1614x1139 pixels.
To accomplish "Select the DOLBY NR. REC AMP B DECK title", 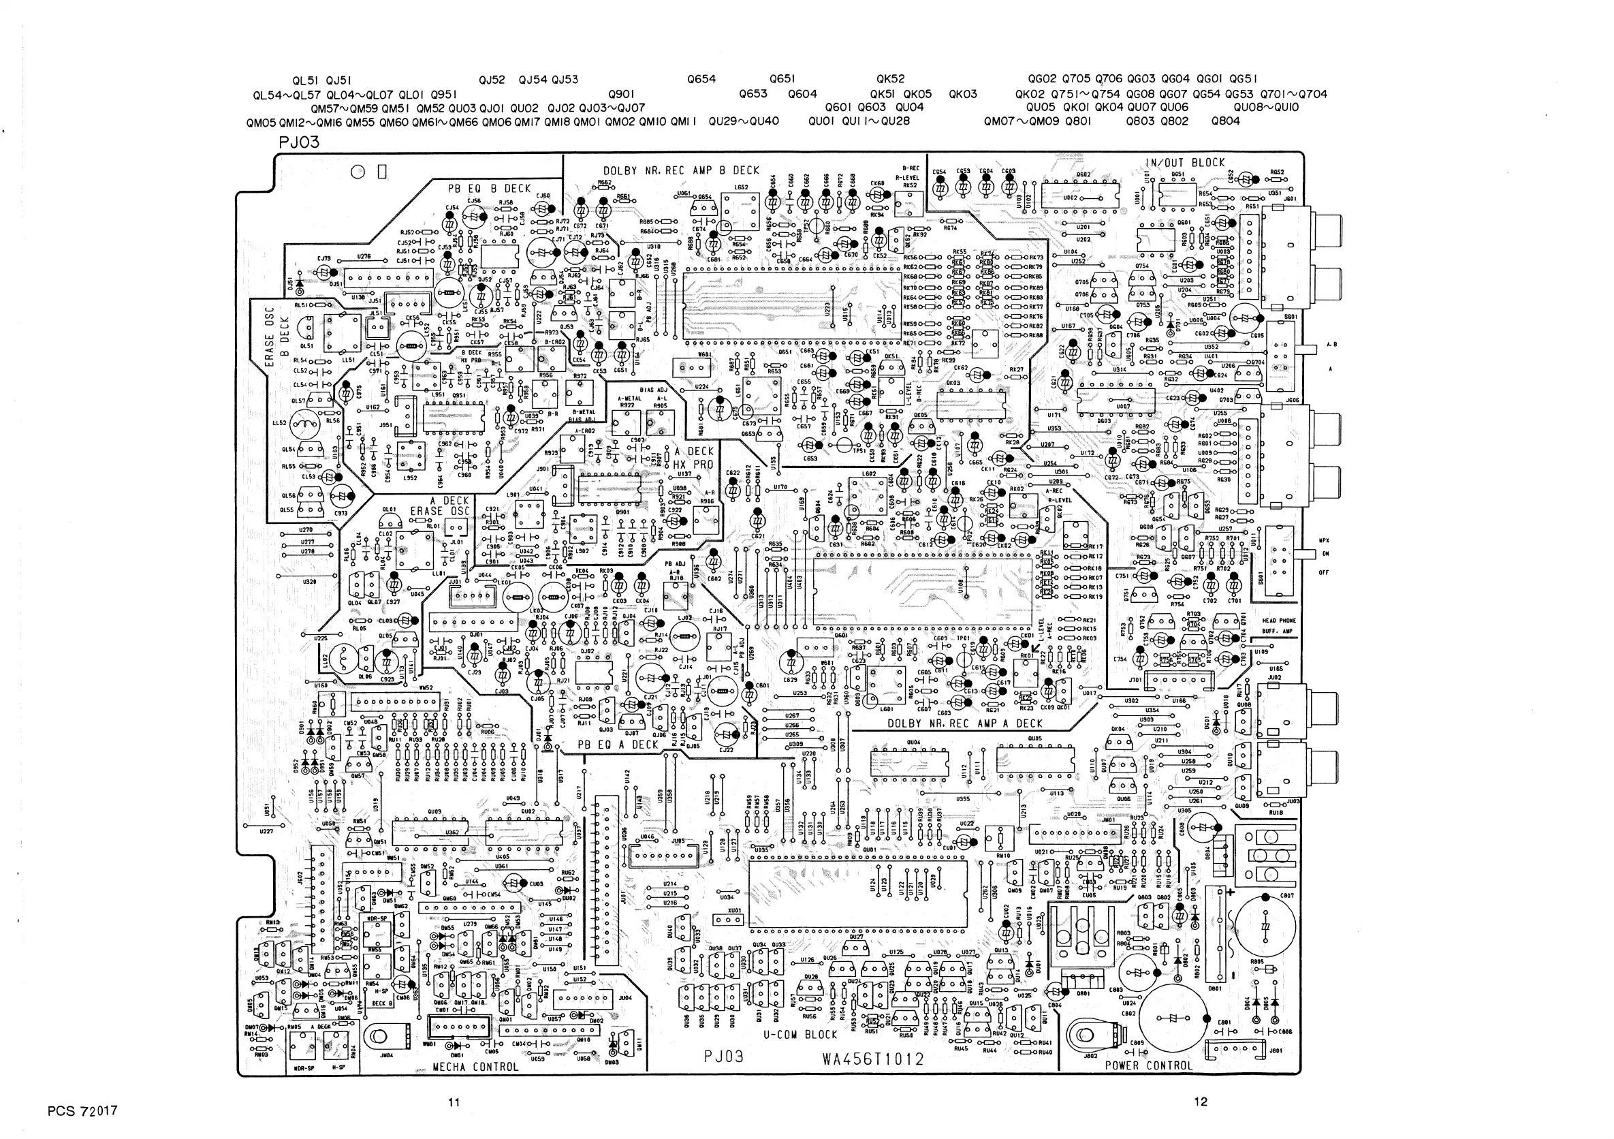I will (681, 170).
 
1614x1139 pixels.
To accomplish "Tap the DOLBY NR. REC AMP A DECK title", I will (965, 723).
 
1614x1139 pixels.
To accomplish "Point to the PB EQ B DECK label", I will (489, 189).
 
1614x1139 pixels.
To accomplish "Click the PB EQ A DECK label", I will (618, 745).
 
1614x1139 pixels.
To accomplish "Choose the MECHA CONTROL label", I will (475, 1067).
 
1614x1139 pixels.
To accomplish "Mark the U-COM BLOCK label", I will (801, 1035).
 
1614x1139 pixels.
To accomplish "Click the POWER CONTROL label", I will (1149, 1065).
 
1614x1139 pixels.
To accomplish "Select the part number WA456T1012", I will (873, 1059).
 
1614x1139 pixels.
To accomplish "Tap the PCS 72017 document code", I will (83, 1111).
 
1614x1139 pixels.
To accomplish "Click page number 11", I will (454, 1102).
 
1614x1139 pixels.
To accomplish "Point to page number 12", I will (1201, 1102).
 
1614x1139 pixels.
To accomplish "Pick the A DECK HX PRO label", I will (693, 458).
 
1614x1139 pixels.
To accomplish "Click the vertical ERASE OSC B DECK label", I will (276, 336).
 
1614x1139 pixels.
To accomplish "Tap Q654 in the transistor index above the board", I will (701, 80).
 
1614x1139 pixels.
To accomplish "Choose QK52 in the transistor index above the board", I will (891, 80).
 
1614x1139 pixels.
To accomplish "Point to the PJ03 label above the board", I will (299, 142).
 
